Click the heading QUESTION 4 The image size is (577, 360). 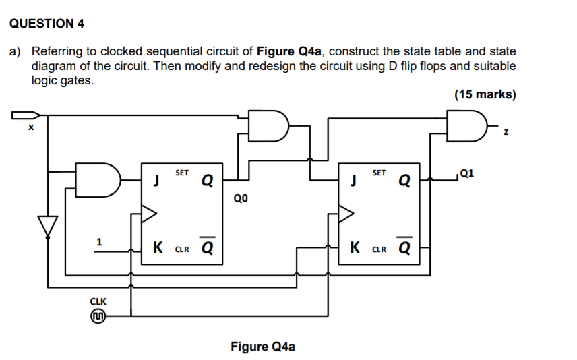point(47,24)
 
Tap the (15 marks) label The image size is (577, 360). point(485,94)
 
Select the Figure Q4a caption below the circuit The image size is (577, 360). point(262,347)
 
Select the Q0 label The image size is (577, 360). point(241,198)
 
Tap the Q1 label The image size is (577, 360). point(466,173)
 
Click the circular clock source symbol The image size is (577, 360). point(98,316)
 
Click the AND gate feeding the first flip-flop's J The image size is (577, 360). point(98,179)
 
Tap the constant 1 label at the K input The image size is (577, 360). point(99,241)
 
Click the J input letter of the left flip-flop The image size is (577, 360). point(156,180)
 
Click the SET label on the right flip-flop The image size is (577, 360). point(379,173)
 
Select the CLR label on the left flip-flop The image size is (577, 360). point(182,249)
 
